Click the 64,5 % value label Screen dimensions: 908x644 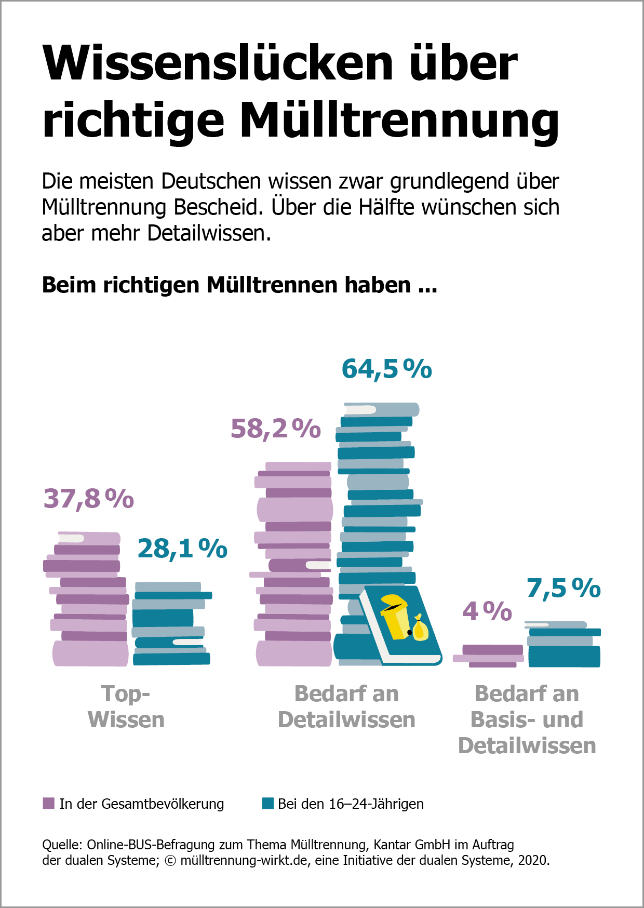coord(386,369)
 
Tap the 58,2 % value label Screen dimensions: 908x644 coord(276,429)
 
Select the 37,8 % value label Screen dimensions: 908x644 coord(89,499)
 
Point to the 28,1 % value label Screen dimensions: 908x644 coord(182,549)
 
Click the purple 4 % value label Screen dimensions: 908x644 coord(487,611)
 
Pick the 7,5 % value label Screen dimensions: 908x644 coord(563,589)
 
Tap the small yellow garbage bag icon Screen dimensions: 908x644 coord(420,628)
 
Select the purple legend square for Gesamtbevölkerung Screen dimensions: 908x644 coord(48,804)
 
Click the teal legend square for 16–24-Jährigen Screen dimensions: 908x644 coord(268,804)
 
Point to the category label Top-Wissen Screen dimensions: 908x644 coord(126,706)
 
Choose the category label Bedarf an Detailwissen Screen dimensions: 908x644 coord(346,706)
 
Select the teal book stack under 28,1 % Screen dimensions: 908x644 coord(171,624)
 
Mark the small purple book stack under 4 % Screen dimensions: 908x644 coord(489,656)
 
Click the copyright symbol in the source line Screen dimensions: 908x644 coord(170,861)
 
